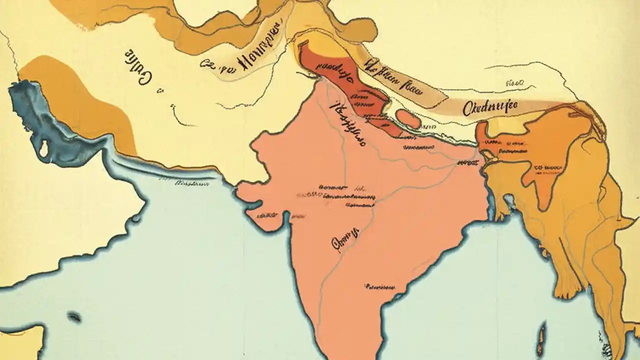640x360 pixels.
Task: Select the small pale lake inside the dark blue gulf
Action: point(44,147)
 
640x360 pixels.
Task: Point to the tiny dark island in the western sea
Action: point(74,316)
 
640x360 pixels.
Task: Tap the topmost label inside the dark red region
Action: point(334,69)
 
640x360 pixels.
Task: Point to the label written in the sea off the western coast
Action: point(191,184)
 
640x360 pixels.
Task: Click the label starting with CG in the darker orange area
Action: point(548,169)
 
